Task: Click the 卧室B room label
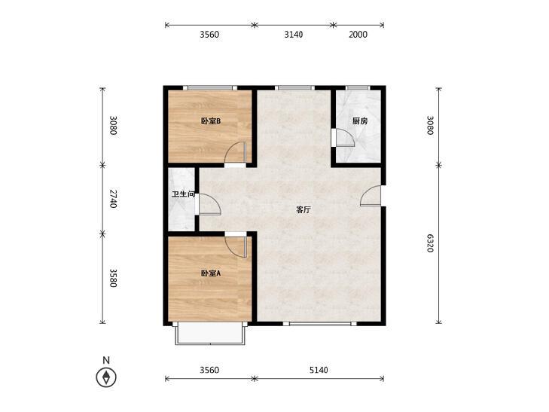pyautogui.click(x=210, y=121)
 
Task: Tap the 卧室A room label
pyautogui.click(x=210, y=273)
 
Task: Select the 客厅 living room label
pyautogui.click(x=303, y=210)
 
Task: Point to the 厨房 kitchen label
pyautogui.click(x=360, y=121)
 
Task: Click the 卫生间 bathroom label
pyautogui.click(x=184, y=194)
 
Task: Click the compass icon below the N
pyautogui.click(x=106, y=377)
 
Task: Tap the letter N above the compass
pyautogui.click(x=106, y=360)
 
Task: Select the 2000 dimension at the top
pyautogui.click(x=358, y=35)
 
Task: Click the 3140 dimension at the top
pyautogui.click(x=294, y=35)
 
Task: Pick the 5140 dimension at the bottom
pyautogui.click(x=319, y=370)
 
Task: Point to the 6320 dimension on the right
pyautogui.click(x=430, y=243)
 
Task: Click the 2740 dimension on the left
pyautogui.click(x=113, y=199)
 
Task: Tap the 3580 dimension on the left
pyautogui.click(x=113, y=278)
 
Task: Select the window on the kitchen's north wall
pyautogui.click(x=358, y=87)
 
